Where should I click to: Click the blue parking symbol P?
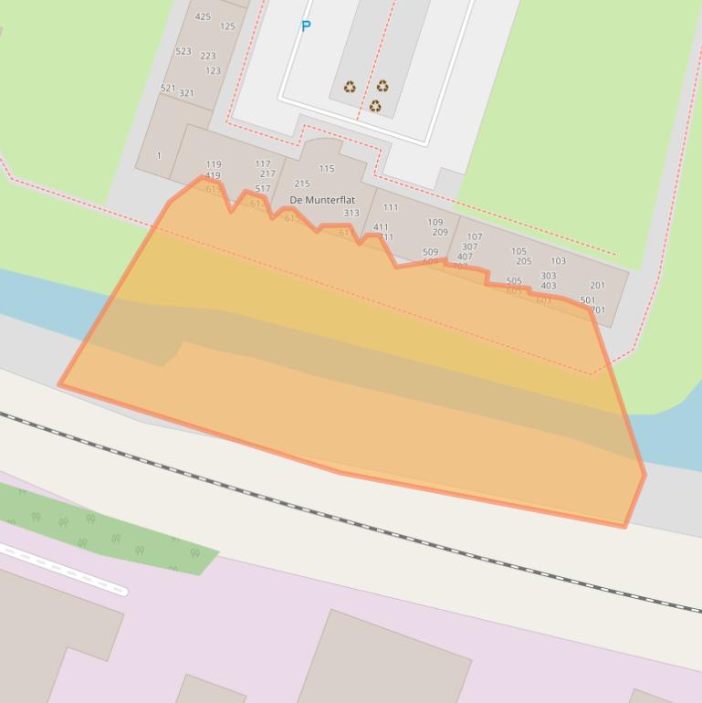306,26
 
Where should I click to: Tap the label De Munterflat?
322,200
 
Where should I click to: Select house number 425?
203,16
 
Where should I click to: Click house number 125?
227,26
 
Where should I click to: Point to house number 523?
183,51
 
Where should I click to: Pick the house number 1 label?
159,155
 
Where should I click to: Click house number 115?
327,168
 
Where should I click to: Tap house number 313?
351,213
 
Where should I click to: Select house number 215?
302,184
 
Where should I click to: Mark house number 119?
214,165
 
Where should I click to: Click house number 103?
558,260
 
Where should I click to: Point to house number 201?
597,285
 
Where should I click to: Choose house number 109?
435,222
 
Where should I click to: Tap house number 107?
475,236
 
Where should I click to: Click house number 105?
519,251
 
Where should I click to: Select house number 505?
514,281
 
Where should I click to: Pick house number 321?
186,93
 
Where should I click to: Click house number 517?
263,189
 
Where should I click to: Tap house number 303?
549,275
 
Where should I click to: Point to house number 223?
208,56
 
